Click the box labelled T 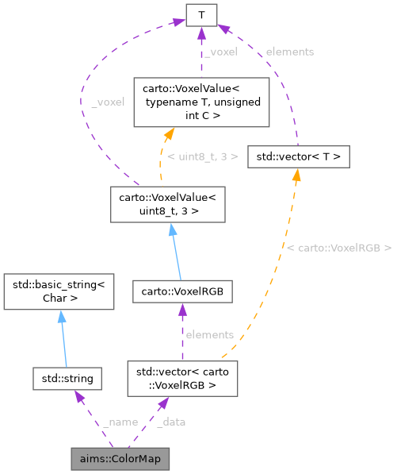coord(201,14)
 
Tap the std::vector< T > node coord(298,156)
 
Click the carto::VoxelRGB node coord(182,291)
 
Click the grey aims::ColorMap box coord(120,458)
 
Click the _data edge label coord(170,422)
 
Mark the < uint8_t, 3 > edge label coord(202,156)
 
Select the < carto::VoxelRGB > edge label coord(338,249)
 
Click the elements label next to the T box coord(289,52)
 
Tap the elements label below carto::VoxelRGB coord(209,334)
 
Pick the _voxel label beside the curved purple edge coord(108,102)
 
